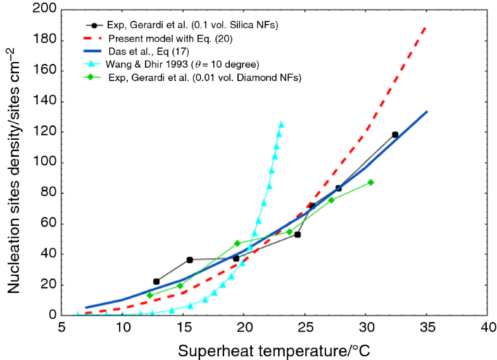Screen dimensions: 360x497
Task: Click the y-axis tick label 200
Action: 43,10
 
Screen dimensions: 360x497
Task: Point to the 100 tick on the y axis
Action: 43,163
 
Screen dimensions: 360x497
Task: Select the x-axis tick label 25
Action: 305,329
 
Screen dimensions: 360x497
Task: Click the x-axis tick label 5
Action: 62,329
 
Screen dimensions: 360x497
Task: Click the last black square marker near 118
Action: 395,135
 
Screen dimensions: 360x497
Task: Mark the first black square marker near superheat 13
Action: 156,282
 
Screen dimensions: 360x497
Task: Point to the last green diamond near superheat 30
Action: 370,182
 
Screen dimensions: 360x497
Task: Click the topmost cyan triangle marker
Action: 281,124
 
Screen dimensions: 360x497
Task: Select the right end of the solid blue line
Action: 427,112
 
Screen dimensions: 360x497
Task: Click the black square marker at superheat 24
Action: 298,235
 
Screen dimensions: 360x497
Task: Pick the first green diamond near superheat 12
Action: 150,295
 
